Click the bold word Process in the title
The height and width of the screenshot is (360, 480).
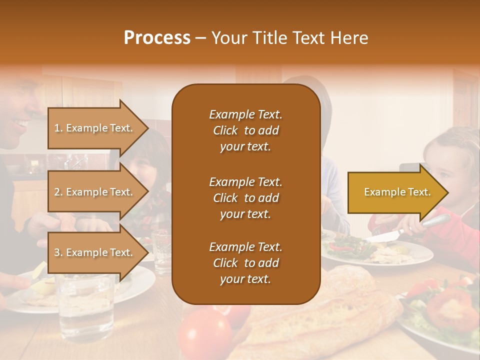pyautogui.click(x=157, y=38)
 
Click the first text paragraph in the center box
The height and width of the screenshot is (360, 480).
pyautogui.click(x=245, y=130)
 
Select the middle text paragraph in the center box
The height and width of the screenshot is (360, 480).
pyautogui.click(x=245, y=198)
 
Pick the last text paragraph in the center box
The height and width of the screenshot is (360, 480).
pyautogui.click(x=245, y=263)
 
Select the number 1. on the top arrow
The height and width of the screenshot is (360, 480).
pyautogui.click(x=58, y=128)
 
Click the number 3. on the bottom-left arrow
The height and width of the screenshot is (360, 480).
pyautogui.click(x=58, y=252)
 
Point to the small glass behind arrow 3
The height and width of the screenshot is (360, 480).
pyautogui.click(x=161, y=250)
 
